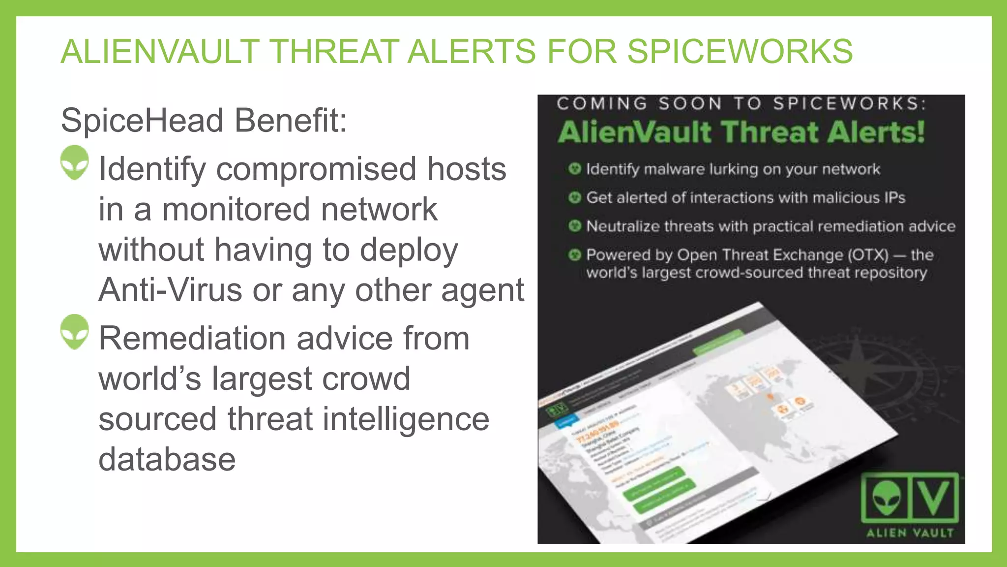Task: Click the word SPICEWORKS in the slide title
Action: point(740,51)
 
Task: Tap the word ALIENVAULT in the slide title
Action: point(160,51)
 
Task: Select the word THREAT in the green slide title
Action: point(334,51)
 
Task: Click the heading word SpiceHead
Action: point(143,121)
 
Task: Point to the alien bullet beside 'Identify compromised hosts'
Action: point(75,162)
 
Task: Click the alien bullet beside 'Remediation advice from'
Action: point(75,332)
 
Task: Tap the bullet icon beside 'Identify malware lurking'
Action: point(574,169)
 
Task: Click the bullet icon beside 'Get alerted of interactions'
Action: point(574,198)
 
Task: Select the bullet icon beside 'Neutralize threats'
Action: point(574,226)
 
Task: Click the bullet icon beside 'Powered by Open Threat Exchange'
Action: point(574,255)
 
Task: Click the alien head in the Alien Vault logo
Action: point(887,497)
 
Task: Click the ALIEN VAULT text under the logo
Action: point(910,533)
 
